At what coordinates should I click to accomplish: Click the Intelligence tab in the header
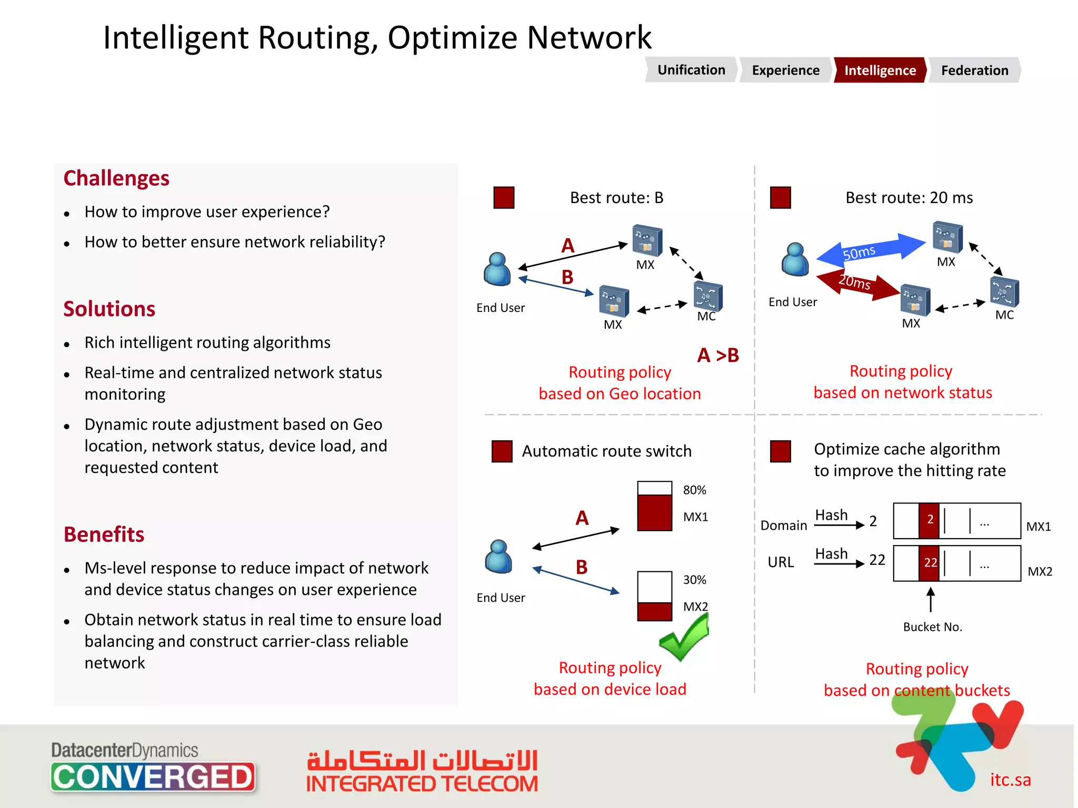tap(880, 70)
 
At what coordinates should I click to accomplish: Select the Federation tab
tap(974, 70)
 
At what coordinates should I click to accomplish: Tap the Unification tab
tap(691, 70)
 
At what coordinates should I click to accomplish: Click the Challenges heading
tap(116, 178)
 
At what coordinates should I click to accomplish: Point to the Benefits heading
tap(104, 534)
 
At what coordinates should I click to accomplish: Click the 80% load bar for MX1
tap(654, 506)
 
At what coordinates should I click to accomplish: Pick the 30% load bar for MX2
tap(654, 596)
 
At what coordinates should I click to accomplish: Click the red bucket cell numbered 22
tap(929, 563)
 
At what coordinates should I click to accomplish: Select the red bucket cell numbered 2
tap(929, 520)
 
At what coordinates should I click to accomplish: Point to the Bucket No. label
tap(932, 627)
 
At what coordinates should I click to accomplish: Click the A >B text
tap(718, 356)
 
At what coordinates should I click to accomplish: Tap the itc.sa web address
tap(1010, 780)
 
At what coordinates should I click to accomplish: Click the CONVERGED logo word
tap(153, 777)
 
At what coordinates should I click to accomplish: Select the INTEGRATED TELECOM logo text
tap(422, 784)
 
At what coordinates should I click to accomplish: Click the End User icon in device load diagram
tap(498, 557)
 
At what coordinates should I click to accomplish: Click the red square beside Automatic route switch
tap(502, 451)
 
